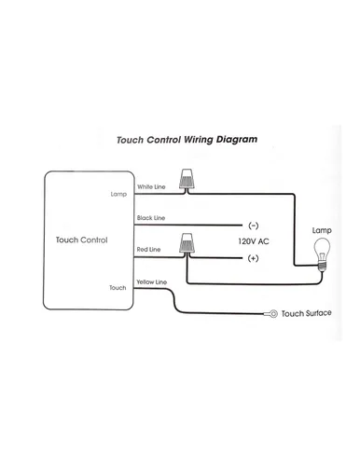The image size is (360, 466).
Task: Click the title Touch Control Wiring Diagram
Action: (187, 140)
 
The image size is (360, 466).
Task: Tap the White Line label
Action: (151, 186)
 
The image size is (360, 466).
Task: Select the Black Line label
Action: (151, 218)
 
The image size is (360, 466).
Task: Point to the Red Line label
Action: (148, 249)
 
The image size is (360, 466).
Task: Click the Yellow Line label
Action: (152, 282)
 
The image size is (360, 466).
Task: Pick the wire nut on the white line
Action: (187, 180)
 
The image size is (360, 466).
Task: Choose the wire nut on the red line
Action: (187, 242)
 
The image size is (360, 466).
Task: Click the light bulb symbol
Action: (322, 254)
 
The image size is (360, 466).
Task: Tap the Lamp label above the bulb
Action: (322, 230)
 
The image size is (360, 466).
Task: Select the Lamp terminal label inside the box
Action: (118, 194)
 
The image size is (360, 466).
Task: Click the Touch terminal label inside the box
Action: (118, 288)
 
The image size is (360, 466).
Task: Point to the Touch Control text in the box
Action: (81, 240)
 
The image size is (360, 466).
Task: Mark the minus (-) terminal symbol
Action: (254, 226)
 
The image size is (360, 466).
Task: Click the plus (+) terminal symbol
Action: (253, 258)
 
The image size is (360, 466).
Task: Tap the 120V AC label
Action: (254, 241)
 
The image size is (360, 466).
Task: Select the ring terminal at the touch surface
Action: (272, 314)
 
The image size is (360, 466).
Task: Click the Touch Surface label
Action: (306, 313)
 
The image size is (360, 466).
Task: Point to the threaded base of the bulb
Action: (322, 267)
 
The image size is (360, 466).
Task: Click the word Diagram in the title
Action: (237, 140)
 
